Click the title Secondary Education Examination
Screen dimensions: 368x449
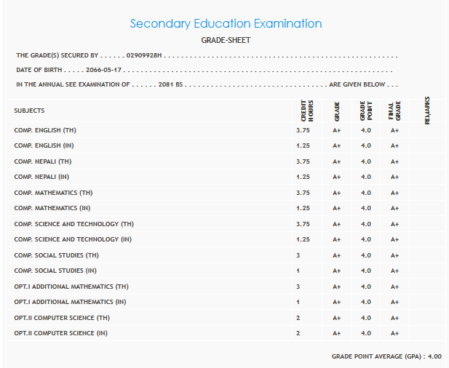(226, 23)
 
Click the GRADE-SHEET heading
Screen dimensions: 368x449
(226, 40)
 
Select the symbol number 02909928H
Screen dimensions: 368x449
(143, 55)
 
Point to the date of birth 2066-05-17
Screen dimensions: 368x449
(105, 70)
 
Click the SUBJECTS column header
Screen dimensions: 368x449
(29, 111)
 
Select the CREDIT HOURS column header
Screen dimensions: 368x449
(307, 110)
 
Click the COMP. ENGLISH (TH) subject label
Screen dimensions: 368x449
(44, 130)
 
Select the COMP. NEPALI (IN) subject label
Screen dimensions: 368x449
(41, 177)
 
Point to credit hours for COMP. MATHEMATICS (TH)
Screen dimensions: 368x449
(303, 193)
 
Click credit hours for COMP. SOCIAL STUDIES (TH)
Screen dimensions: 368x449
(298, 255)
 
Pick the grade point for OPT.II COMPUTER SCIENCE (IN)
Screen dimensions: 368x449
(365, 333)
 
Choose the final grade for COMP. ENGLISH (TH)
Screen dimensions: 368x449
(394, 130)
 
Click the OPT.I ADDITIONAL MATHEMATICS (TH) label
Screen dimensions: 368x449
(71, 287)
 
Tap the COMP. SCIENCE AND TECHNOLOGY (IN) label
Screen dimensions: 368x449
(73, 239)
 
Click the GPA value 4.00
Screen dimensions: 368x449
(434, 356)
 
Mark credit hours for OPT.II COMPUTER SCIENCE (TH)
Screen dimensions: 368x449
(298, 318)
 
